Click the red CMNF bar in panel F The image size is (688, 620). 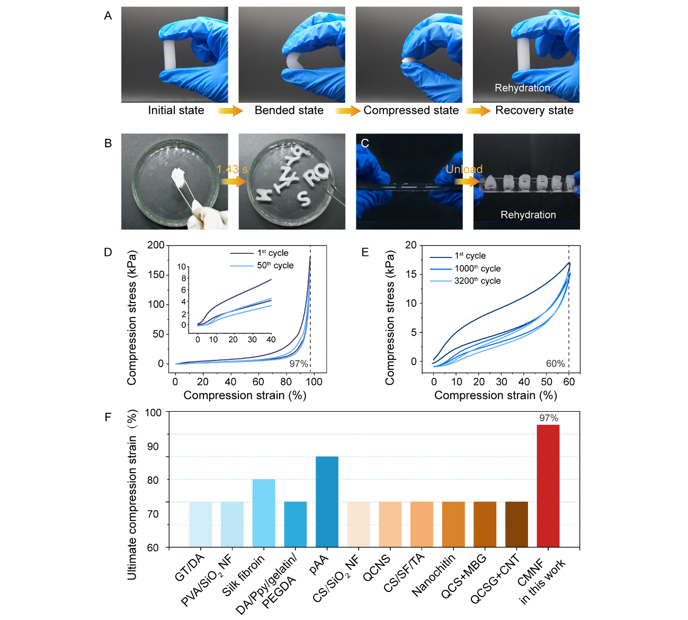[548, 485]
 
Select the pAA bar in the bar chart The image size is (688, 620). [327, 501]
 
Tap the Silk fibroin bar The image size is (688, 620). [264, 512]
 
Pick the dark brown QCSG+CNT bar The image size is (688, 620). [516, 524]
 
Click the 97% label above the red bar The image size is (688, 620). [549, 418]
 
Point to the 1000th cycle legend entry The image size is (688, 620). [477, 269]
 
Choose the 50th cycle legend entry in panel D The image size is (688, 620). [275, 265]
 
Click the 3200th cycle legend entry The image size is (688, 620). [477, 281]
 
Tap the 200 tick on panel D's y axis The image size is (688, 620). [156, 245]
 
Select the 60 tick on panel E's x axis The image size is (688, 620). [569, 382]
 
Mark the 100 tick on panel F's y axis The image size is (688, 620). [153, 412]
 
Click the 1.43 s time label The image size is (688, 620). [232, 170]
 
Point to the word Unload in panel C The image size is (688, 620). [464, 169]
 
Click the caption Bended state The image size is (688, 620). [289, 110]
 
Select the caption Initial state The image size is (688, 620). [176, 110]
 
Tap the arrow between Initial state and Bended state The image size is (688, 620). [230, 111]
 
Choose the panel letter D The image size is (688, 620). [108, 252]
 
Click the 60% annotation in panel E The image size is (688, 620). [555, 364]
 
